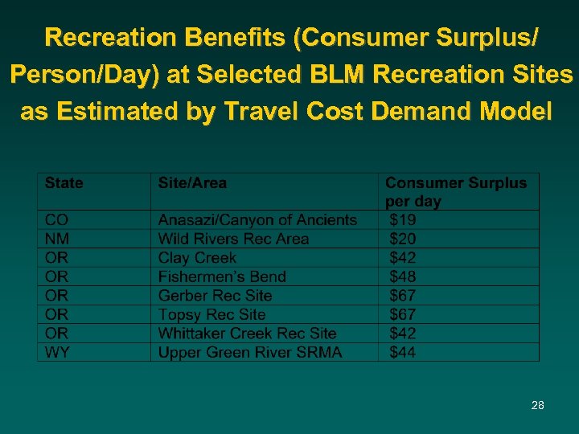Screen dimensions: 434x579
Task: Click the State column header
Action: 64,183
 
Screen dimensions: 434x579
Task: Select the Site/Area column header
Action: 192,183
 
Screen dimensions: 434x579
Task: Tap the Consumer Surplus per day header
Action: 456,192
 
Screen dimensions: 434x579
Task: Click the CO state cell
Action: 56,220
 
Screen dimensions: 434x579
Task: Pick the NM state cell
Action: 57,239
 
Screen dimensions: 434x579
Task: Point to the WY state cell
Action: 57,352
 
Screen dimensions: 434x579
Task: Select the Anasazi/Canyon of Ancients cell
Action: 257,220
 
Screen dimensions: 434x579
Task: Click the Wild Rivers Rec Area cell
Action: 233,239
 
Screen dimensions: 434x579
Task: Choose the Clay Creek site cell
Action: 197,258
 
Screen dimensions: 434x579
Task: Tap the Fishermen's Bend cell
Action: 222,276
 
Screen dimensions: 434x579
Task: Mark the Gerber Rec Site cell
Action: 215,296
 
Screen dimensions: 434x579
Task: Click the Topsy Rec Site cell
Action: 211,314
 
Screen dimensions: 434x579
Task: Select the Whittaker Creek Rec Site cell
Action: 247,333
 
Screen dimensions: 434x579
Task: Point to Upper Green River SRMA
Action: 250,352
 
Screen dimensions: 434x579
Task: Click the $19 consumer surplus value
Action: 402,220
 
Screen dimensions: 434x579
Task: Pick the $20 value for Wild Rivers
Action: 403,239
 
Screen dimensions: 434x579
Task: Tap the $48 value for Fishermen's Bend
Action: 403,276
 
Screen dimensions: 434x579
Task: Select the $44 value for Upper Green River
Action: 403,352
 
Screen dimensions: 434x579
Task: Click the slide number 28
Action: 538,406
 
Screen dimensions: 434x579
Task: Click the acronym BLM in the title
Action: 336,75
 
